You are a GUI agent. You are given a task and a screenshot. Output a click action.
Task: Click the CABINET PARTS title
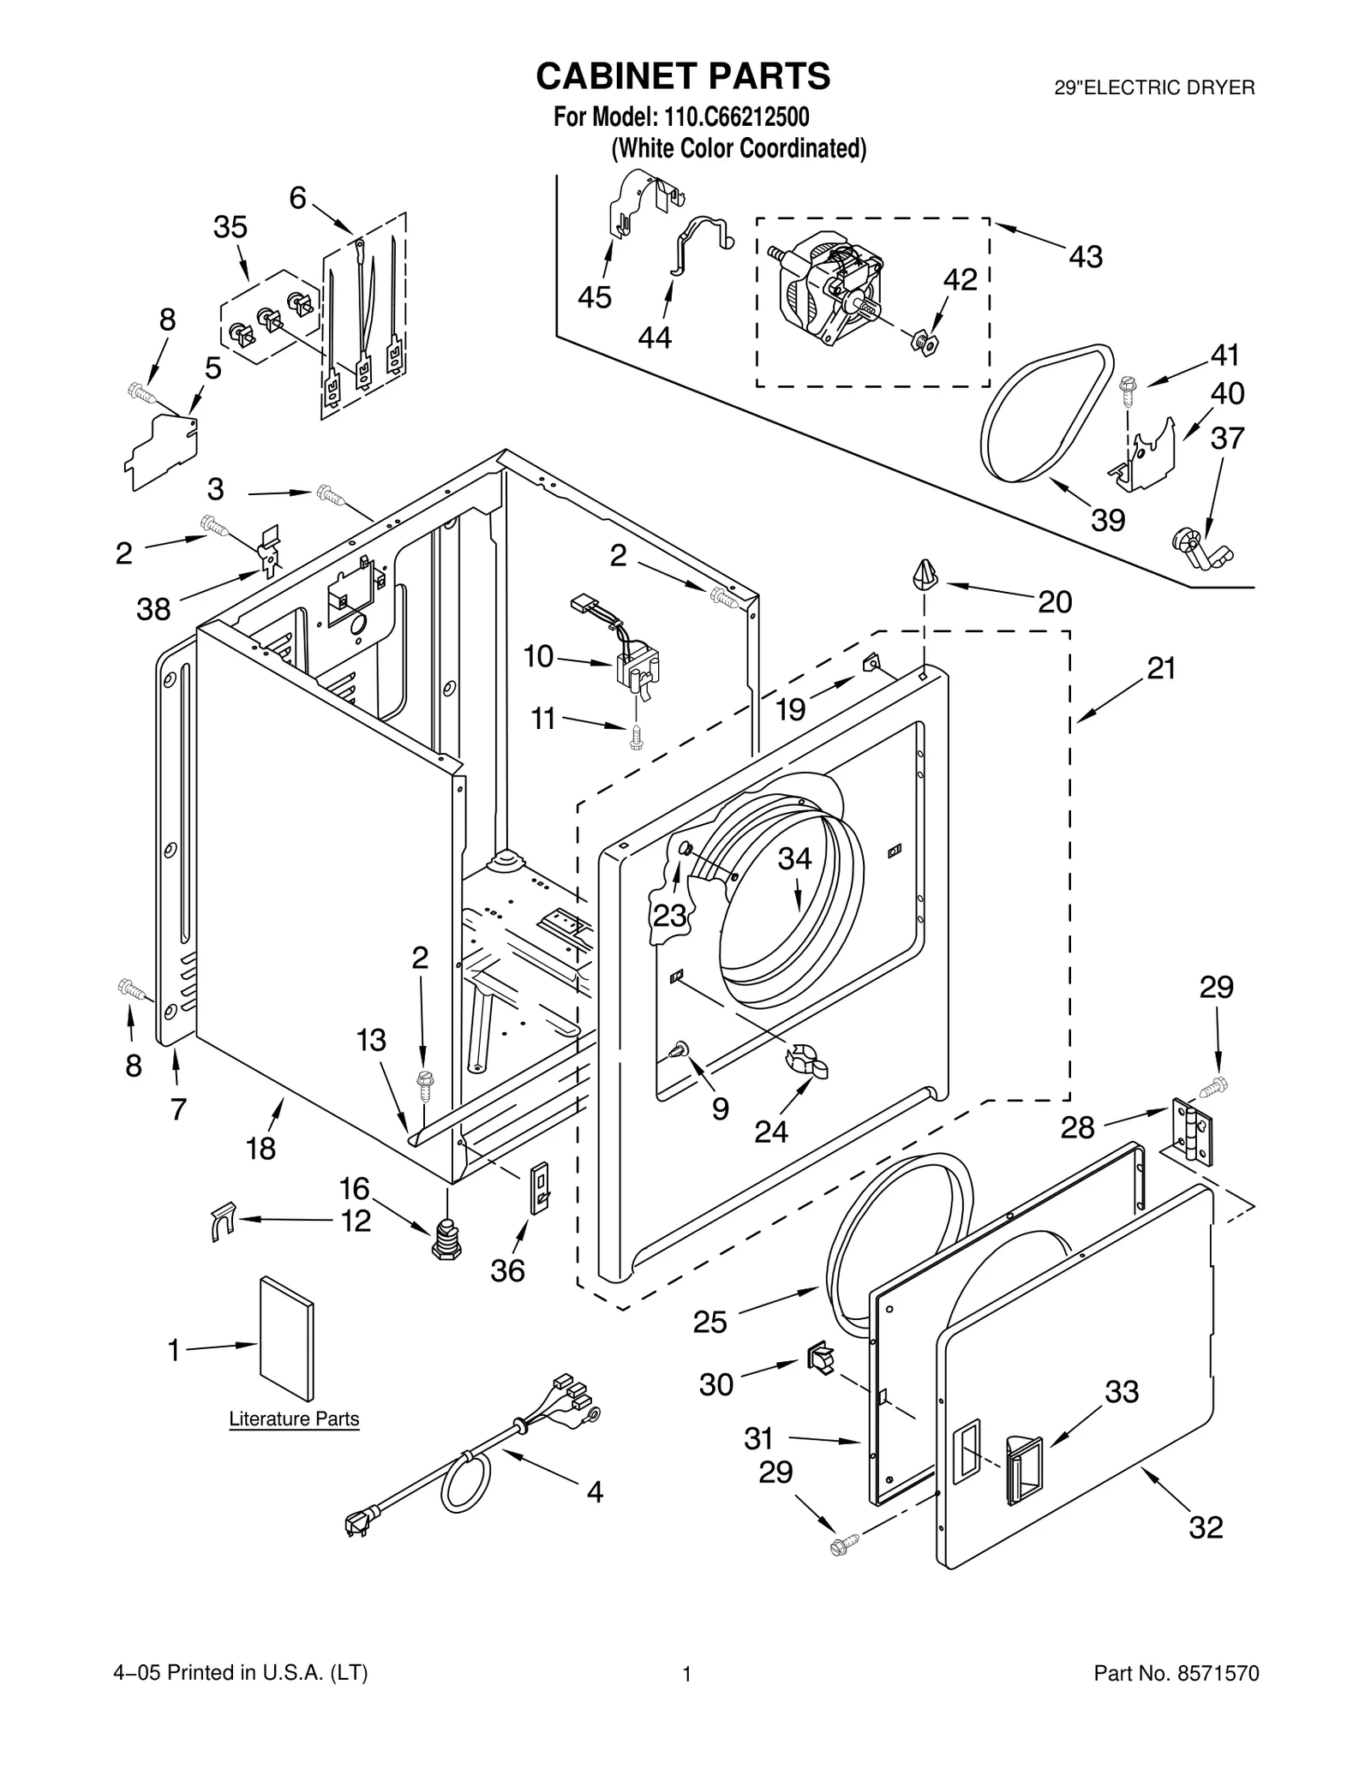tap(682, 76)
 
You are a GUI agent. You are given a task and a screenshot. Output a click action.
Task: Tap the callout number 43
tap(1085, 256)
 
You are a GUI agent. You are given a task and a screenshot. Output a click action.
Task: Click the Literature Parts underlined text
tap(294, 1419)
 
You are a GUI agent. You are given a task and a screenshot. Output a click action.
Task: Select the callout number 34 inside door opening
tap(793, 858)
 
